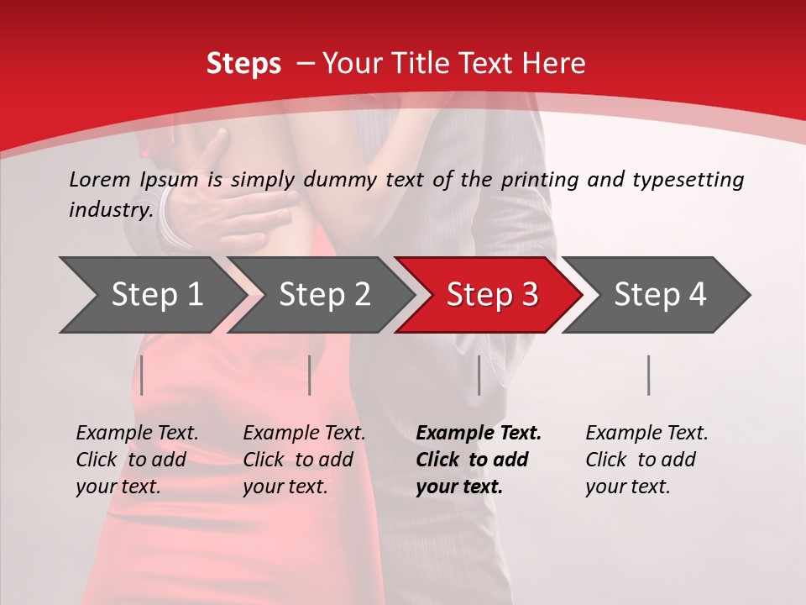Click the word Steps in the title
[x=243, y=64]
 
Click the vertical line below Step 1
[x=142, y=375]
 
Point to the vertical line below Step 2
[x=310, y=375]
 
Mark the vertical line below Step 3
[x=479, y=375]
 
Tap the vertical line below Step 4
[x=649, y=375]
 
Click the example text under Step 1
[x=137, y=460]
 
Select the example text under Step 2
[x=304, y=460]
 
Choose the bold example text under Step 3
[x=479, y=460]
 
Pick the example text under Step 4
[x=646, y=460]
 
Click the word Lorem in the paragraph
[x=100, y=179]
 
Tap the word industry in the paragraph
[x=111, y=210]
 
